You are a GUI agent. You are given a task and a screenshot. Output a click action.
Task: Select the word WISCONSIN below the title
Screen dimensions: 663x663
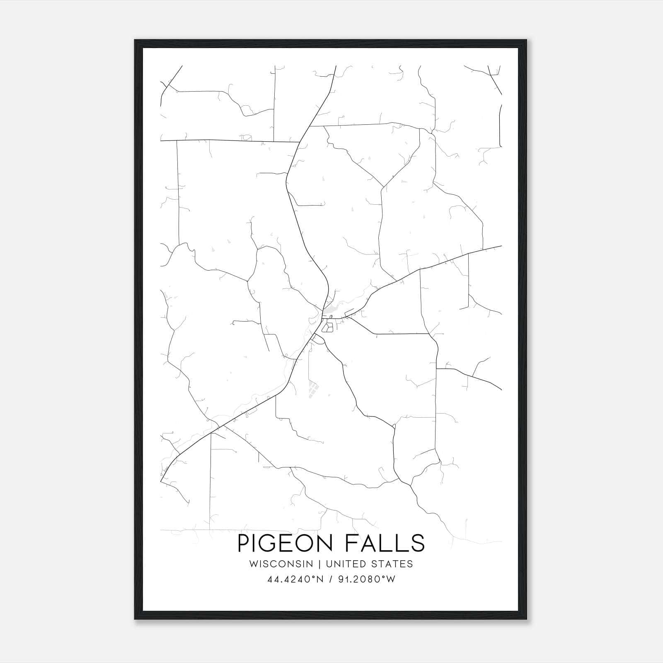coord(284,564)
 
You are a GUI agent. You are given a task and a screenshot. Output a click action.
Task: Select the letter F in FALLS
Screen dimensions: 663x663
coord(351,543)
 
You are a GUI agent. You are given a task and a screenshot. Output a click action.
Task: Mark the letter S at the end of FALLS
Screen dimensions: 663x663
coord(418,543)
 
